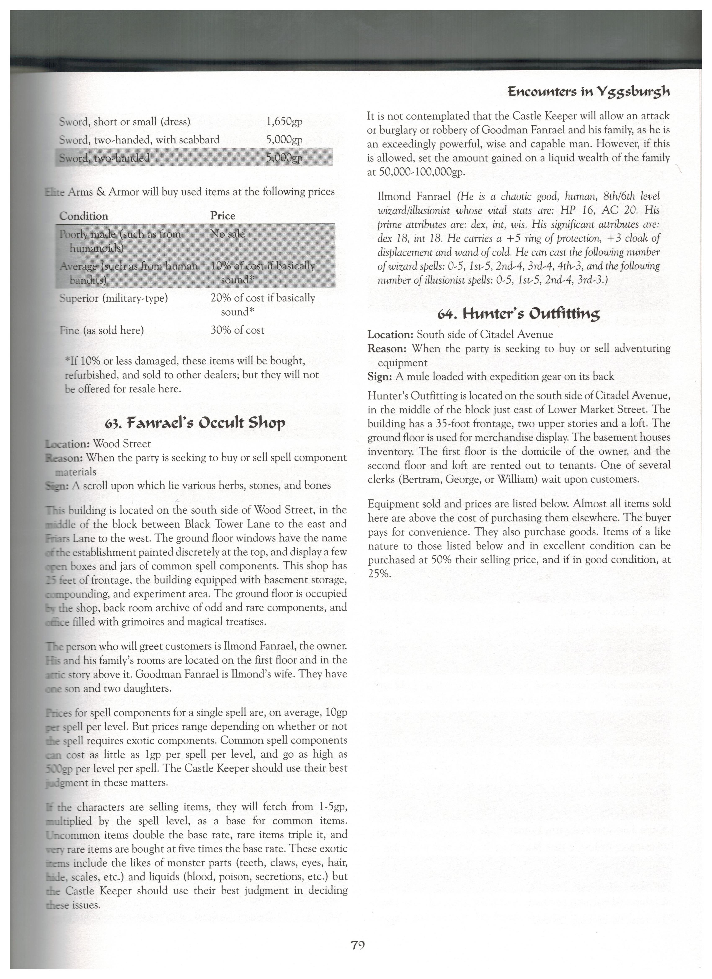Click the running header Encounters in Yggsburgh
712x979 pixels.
click(x=588, y=92)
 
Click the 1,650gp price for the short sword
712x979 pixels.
click(x=284, y=122)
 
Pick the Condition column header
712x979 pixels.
click(x=84, y=216)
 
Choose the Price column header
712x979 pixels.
click(x=223, y=216)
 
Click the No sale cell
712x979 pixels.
click(x=228, y=234)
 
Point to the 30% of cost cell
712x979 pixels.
click(x=237, y=330)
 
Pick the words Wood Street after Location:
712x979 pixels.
click(x=122, y=444)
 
